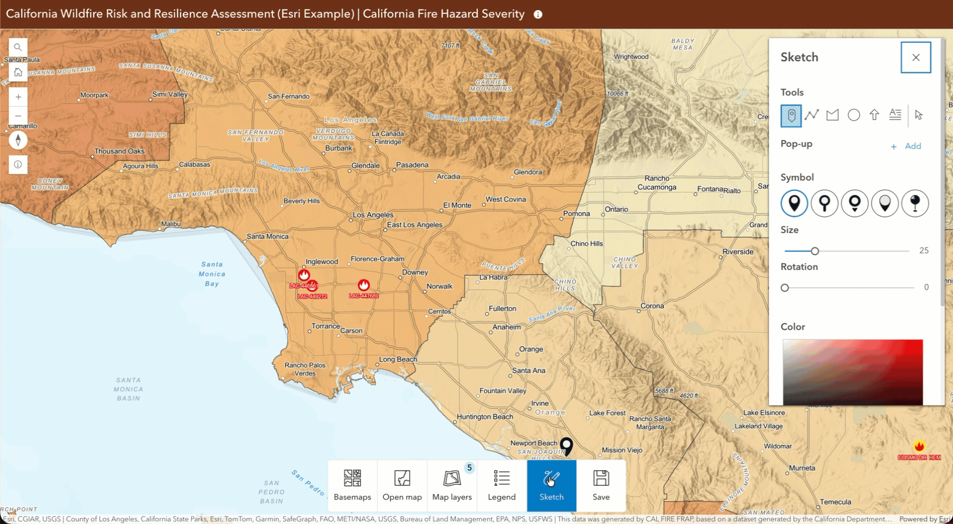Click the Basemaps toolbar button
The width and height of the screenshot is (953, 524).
click(352, 485)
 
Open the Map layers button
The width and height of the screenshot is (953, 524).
click(452, 485)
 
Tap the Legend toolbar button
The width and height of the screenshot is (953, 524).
click(502, 485)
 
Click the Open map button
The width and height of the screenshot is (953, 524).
click(402, 485)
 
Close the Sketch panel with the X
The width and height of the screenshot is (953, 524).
click(915, 57)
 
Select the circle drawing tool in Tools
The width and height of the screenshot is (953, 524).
click(853, 115)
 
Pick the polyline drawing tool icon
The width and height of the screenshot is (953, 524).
click(812, 115)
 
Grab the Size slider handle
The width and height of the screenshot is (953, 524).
click(815, 251)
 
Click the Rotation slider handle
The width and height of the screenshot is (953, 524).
click(785, 288)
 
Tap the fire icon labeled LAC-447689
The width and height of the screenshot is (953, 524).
click(364, 285)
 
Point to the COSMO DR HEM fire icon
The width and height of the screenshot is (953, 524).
click(919, 447)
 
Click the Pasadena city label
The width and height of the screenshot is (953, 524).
click(412, 165)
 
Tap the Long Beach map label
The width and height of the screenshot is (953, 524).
click(398, 359)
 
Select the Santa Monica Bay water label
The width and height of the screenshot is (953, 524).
click(212, 274)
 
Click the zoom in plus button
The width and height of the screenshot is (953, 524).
click(18, 97)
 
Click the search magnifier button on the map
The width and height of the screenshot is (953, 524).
click(18, 47)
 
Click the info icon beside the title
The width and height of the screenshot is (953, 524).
click(538, 15)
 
